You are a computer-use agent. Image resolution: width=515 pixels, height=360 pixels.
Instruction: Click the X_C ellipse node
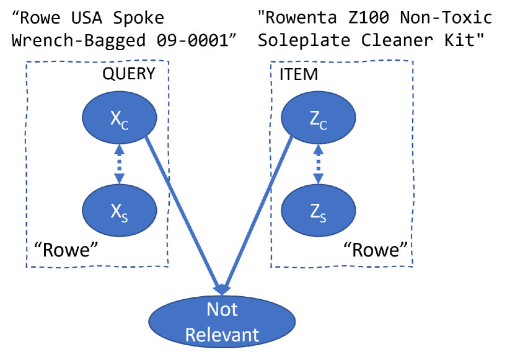119,118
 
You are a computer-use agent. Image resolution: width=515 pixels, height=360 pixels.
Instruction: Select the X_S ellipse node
119,211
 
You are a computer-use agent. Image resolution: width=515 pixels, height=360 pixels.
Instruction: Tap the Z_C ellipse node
318,118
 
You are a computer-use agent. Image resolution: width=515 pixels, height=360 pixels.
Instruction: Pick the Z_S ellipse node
318,211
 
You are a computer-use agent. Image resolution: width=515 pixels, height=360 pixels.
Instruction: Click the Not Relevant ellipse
222,322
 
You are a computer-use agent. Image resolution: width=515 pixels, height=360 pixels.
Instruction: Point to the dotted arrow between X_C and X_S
119,164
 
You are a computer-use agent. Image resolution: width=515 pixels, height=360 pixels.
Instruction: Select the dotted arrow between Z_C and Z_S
318,164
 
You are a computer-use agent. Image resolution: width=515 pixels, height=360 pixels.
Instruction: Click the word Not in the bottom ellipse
222,309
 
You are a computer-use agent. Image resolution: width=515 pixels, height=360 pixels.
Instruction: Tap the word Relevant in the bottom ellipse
222,335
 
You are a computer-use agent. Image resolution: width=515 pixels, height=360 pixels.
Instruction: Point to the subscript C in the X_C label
125,125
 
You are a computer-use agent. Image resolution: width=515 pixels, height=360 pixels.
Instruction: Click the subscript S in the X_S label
125,217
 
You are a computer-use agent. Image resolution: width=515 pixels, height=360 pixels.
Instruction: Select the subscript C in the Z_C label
323,125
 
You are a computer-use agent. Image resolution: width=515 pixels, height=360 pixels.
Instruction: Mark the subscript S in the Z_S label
323,217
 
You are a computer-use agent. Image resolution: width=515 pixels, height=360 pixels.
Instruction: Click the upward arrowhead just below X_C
119,149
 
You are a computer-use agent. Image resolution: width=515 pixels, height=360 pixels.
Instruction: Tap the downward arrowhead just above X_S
119,179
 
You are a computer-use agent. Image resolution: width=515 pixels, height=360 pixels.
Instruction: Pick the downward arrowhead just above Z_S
318,179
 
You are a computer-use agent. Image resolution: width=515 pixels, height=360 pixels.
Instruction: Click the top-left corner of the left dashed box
26,62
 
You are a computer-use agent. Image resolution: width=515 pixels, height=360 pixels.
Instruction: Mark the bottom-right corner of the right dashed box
413,266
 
